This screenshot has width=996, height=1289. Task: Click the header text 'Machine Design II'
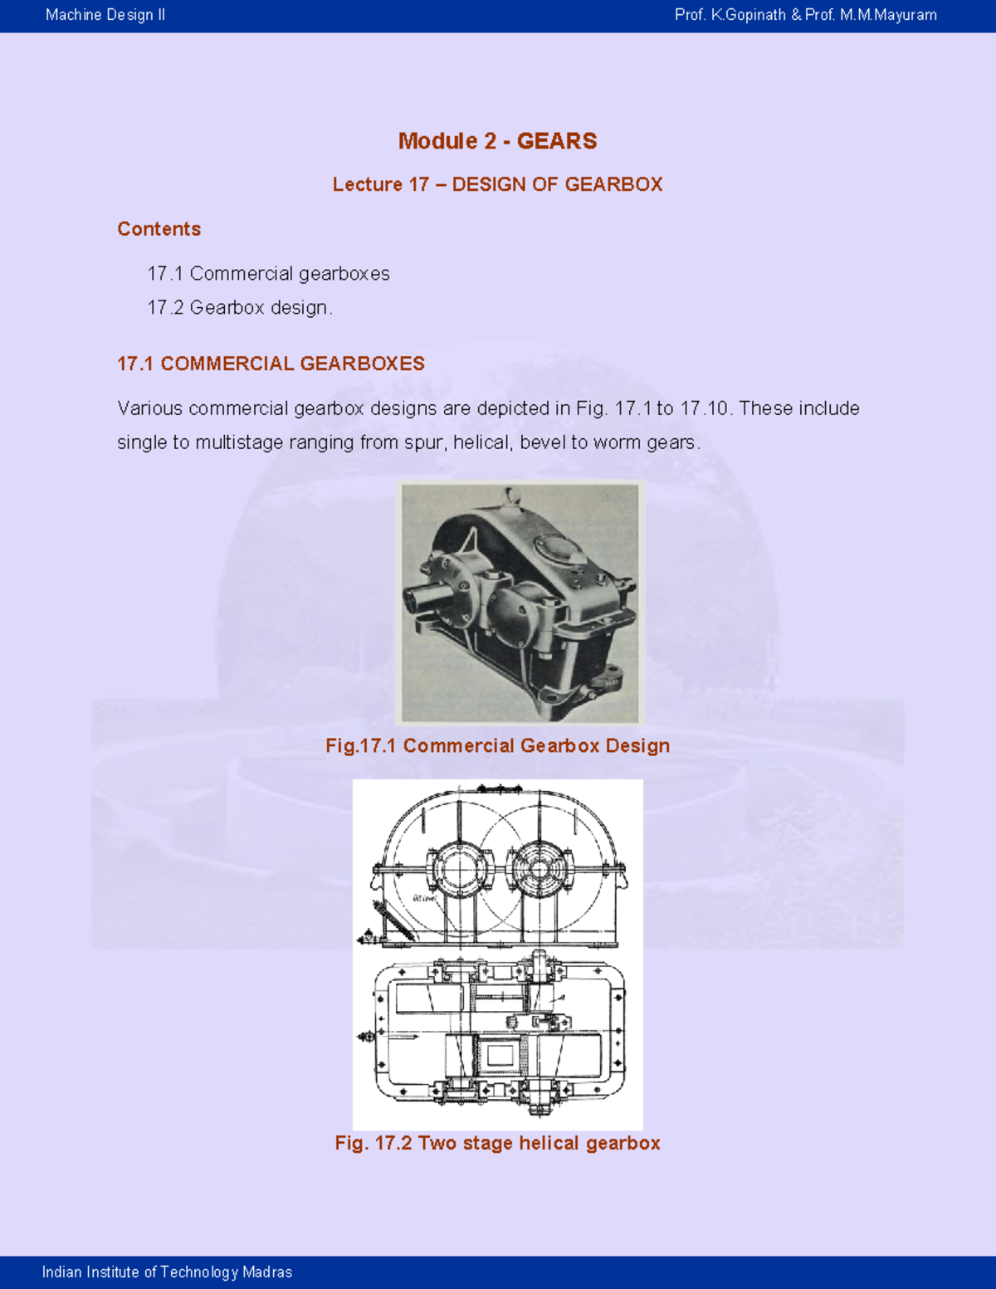[105, 15]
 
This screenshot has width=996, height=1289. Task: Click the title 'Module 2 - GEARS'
[497, 141]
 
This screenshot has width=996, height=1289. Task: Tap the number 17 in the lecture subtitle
[418, 184]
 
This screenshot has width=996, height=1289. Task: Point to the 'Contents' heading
[159, 229]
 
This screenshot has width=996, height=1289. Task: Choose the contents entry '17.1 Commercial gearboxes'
[268, 274]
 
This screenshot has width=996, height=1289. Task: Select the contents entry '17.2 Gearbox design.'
[240, 308]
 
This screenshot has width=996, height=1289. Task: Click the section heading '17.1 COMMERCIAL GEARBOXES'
[271, 364]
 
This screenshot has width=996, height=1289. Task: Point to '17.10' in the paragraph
[704, 408]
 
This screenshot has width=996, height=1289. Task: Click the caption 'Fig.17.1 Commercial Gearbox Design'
[497, 745]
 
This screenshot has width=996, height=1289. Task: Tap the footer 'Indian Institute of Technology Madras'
[167, 1272]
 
